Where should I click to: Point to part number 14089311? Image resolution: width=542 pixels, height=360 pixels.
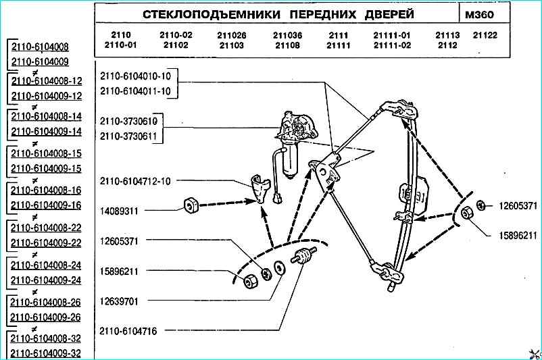[x=119, y=211]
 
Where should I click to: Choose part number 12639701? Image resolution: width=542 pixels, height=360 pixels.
[x=119, y=301]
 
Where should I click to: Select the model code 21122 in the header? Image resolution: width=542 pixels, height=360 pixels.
[x=485, y=36]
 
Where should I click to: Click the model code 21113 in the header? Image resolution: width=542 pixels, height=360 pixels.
[x=447, y=36]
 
